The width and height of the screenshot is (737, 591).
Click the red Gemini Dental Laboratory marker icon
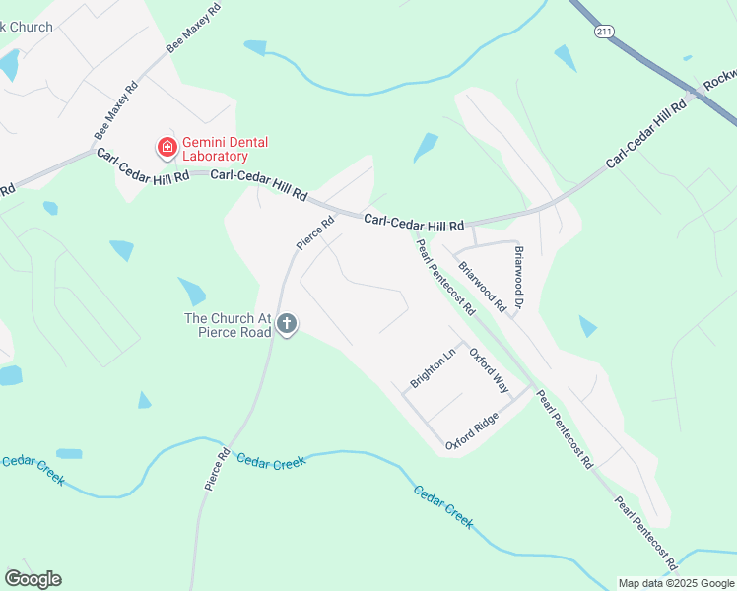point(167,149)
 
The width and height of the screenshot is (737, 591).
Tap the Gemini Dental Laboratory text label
point(226,149)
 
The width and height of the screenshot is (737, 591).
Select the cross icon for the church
point(287,323)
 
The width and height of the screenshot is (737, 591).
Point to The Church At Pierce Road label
point(228,324)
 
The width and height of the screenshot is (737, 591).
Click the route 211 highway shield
point(604,32)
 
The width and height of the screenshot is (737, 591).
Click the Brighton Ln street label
point(434,367)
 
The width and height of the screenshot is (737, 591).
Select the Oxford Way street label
point(489,369)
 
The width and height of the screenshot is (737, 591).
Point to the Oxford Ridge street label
point(472,430)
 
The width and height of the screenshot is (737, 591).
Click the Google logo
point(33,579)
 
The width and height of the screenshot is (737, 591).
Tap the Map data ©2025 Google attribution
point(676,583)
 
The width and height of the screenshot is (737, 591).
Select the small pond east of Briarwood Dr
point(588,326)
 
